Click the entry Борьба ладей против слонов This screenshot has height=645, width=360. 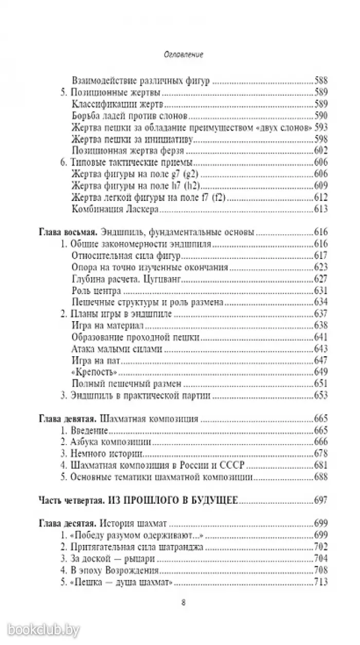pyautogui.click(x=125, y=115)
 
